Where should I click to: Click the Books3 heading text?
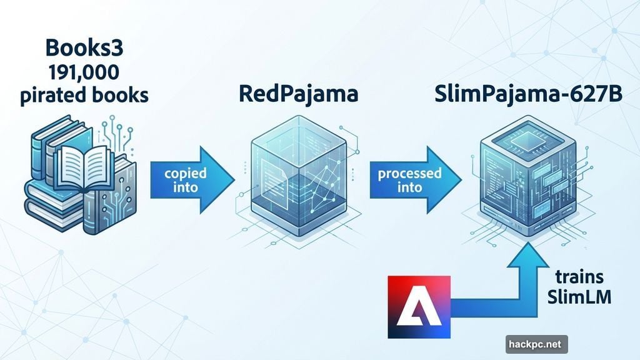[x=84, y=47]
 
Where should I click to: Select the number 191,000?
[x=84, y=72]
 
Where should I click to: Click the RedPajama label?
[x=298, y=94]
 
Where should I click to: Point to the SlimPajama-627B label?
[x=528, y=94]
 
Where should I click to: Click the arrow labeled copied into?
[x=192, y=180]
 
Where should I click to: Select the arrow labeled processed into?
[x=416, y=180]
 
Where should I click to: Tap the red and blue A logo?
[x=419, y=307]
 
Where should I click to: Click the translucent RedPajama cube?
[x=299, y=176]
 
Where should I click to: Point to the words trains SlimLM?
[x=579, y=287]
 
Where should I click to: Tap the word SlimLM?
[x=579, y=297]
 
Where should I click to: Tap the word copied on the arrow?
[x=186, y=174]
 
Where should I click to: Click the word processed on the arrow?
[x=410, y=174]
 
